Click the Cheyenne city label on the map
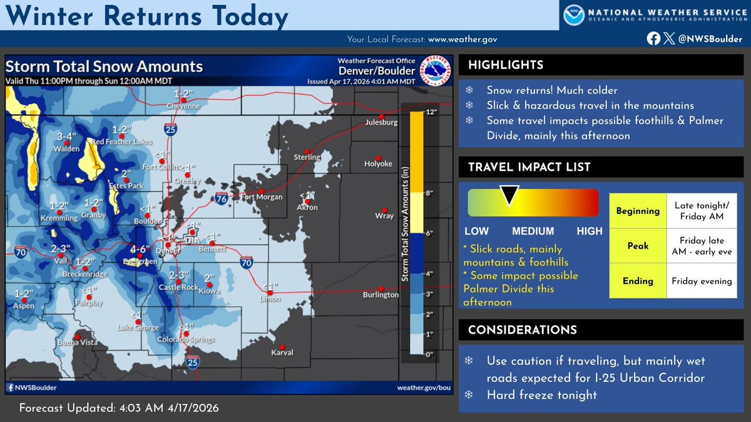183,106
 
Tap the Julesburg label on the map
382,123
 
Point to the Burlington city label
381,294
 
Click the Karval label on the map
282,353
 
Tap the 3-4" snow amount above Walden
66,136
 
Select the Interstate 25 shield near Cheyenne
171,129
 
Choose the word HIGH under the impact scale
590,231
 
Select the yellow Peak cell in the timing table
638,246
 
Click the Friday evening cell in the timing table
702,281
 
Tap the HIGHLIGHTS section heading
506,66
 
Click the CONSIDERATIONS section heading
522,330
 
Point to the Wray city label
384,216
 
